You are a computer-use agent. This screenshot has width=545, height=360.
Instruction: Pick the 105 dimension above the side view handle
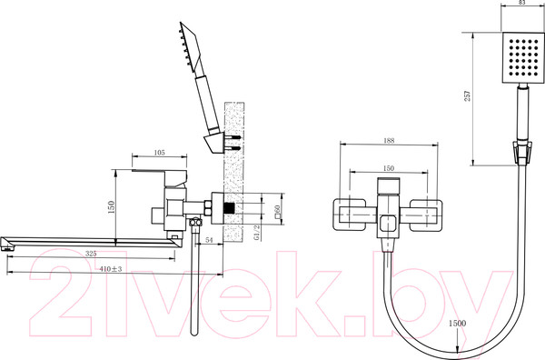click(159, 153)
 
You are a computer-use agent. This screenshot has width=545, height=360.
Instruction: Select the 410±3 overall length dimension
click(112, 268)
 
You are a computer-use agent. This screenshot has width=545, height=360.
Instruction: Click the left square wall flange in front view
click(351, 214)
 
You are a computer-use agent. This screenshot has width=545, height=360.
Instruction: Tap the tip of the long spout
click(10, 243)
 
